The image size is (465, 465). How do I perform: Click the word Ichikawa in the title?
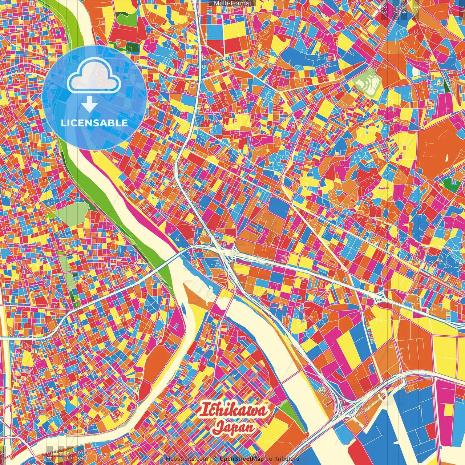234,410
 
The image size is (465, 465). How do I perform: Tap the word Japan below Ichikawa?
233,427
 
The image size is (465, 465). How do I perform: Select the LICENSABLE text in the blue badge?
94,123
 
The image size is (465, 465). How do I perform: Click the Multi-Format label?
232,3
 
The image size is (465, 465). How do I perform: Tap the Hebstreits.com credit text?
187,459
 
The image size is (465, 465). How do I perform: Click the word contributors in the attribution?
282,459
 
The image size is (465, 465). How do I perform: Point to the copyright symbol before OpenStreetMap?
215,459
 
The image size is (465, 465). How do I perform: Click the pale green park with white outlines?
367,82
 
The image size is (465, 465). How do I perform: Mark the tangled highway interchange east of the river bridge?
227,254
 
